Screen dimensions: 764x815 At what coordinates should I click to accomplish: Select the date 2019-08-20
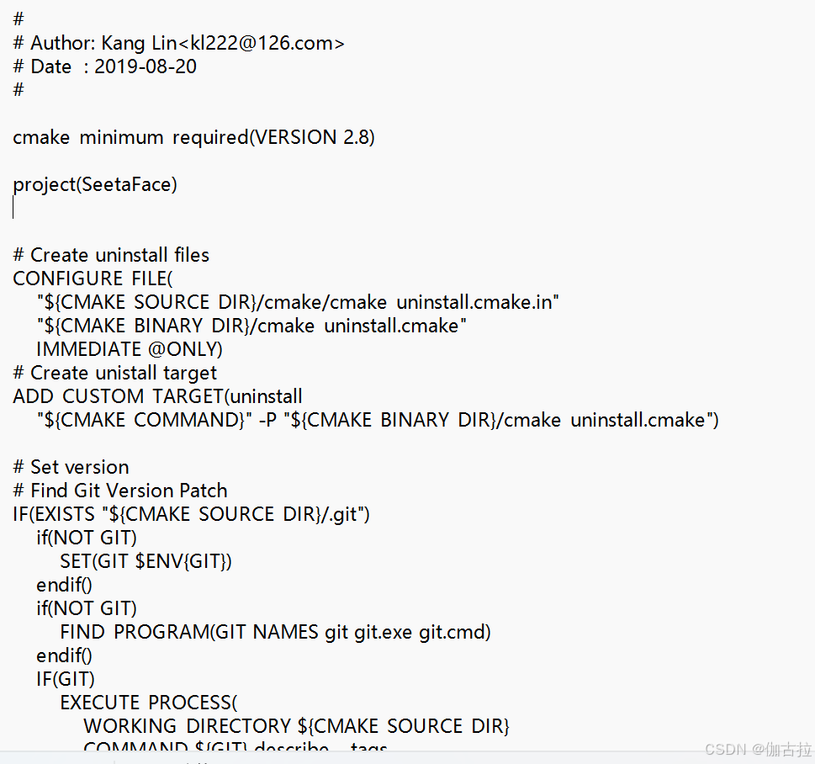[146, 66]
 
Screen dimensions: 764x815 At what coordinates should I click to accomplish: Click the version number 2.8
[357, 137]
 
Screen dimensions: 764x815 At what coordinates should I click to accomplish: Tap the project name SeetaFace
[127, 184]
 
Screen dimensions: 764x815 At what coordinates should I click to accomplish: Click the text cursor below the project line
[13, 208]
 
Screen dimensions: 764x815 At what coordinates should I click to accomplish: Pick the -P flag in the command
[267, 420]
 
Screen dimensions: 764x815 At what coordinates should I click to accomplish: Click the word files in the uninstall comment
[192, 255]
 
